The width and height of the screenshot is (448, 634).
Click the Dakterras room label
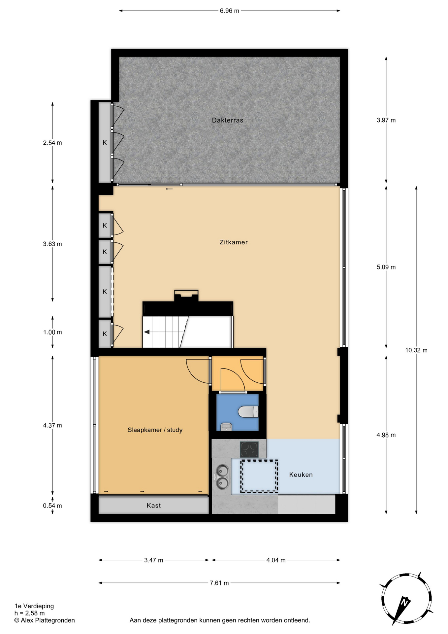click(227, 121)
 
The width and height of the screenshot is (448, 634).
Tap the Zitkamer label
click(234, 242)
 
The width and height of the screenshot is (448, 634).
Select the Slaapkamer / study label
click(155, 430)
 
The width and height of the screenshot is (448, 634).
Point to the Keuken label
click(301, 475)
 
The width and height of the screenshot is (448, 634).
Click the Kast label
click(154, 506)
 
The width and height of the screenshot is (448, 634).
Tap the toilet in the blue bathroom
click(248, 412)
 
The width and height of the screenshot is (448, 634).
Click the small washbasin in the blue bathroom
click(226, 427)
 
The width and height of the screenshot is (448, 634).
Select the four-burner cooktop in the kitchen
click(249, 449)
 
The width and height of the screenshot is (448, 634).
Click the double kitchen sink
click(222, 477)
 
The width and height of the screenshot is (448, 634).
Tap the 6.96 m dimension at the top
click(230, 11)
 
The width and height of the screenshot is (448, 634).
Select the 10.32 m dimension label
click(416, 350)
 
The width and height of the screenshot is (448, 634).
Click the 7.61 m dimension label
click(219, 583)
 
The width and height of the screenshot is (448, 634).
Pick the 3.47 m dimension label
click(154, 560)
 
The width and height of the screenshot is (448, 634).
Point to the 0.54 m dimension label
click(52, 506)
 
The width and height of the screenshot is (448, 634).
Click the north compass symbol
click(406, 598)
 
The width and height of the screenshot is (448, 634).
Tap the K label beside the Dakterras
click(105, 143)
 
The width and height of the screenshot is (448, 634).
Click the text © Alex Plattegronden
click(45, 620)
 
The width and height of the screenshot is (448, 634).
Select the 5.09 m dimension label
click(386, 267)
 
